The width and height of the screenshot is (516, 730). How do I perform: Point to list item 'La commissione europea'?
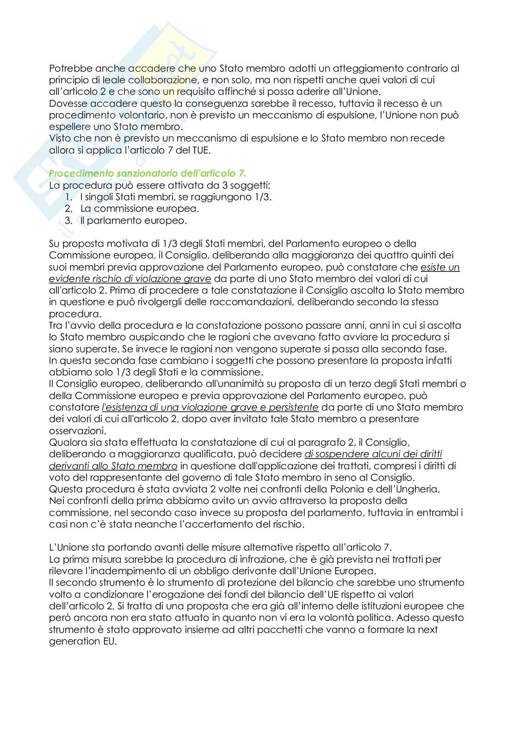coord(140,209)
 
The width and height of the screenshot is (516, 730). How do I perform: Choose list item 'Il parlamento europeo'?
coord(133,221)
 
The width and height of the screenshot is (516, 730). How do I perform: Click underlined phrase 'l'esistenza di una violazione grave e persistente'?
coord(210,407)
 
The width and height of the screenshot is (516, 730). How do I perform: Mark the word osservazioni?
coord(77,430)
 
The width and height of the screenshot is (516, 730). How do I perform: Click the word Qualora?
coord(67,442)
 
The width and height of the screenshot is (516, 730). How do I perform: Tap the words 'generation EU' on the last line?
coord(83,641)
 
